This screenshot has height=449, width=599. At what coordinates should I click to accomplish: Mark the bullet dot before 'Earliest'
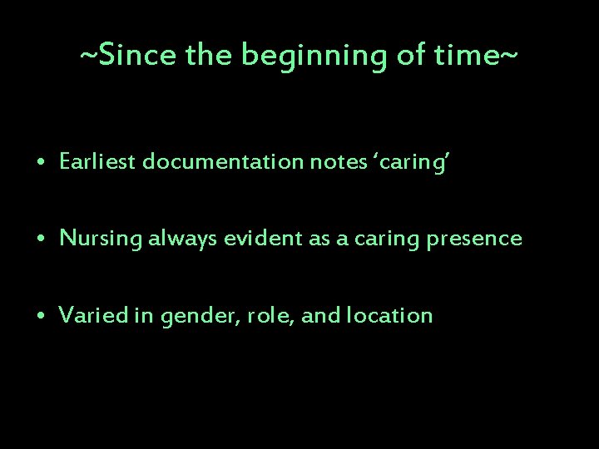pyautogui.click(x=41, y=164)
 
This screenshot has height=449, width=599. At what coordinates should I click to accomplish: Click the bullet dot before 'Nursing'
pyautogui.click(x=41, y=240)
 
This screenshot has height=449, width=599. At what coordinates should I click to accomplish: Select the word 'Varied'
pyautogui.click(x=90, y=316)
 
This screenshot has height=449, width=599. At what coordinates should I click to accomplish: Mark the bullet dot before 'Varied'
pyautogui.click(x=41, y=317)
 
